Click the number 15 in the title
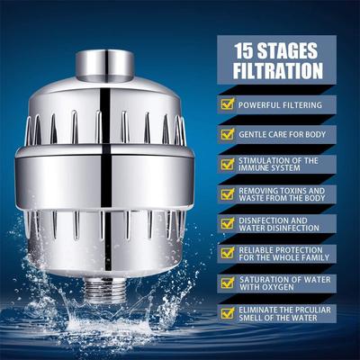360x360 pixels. click(245, 50)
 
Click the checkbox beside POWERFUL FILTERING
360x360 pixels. click(227, 104)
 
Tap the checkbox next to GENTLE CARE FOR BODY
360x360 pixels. click(227, 134)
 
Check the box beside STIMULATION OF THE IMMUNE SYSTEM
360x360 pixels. click(227, 164)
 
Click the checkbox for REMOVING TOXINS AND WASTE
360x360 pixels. click(227, 194)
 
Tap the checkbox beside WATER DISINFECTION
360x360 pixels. click(227, 224)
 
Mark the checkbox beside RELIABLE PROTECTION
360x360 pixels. click(227, 254)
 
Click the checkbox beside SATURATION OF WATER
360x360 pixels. click(227, 284)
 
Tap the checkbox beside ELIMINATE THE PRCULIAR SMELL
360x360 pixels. click(227, 314)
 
